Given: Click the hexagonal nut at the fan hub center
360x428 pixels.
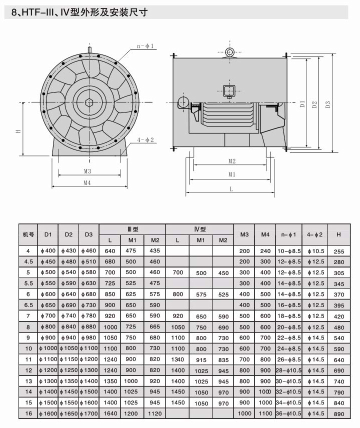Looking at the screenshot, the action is (89, 102).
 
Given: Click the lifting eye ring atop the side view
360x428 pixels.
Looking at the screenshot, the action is (230, 52).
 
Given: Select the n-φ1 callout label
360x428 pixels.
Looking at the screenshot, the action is (145, 46).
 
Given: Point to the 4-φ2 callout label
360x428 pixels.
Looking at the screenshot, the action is (145, 140).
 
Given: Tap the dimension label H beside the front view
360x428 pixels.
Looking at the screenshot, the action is (18, 131).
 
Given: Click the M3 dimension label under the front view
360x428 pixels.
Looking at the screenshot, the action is (87, 171).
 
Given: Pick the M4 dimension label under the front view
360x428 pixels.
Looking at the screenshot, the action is (87, 183).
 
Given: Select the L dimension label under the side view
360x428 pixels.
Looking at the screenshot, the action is (231, 189).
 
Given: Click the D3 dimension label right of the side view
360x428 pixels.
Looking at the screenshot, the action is (328, 104).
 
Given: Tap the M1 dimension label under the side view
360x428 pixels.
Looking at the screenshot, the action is (231, 174).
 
